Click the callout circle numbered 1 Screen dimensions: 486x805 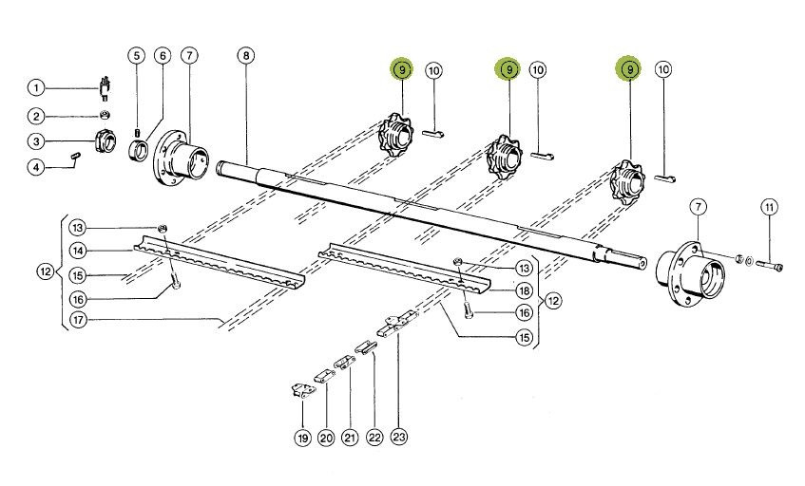[x=36, y=88]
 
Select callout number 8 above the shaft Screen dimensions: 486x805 [x=246, y=56]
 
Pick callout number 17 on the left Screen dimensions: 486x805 [x=79, y=321]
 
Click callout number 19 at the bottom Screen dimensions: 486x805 [x=302, y=438]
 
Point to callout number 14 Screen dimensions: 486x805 [x=79, y=251]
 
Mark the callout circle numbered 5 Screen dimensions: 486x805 [x=137, y=56]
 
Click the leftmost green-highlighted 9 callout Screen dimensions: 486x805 [x=402, y=69]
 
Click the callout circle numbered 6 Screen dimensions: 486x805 [x=163, y=56]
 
